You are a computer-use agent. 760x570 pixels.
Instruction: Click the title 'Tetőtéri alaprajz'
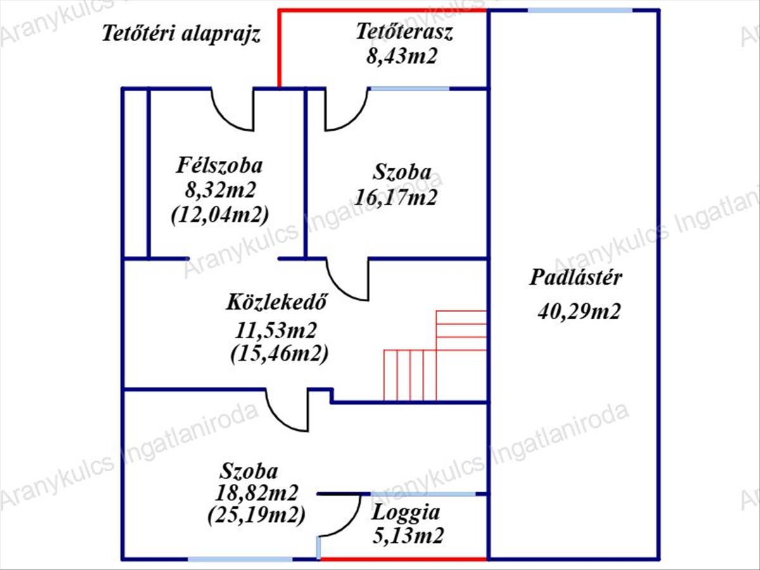[x=182, y=34]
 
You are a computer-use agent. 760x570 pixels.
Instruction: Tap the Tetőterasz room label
[x=404, y=32]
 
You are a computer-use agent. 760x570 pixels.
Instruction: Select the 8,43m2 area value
[x=402, y=56]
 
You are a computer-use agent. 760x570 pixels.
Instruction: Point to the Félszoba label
[x=219, y=166]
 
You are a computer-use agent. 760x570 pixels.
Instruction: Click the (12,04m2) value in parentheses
[x=220, y=214]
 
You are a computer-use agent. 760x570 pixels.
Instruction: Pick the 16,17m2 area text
[x=396, y=198]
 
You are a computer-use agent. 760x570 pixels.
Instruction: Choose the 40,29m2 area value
[x=579, y=311]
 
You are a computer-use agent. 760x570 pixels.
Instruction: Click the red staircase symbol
[x=435, y=358]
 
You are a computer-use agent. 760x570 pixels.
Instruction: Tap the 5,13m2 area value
[x=407, y=536]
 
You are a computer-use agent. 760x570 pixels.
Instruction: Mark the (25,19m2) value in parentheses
[x=256, y=515]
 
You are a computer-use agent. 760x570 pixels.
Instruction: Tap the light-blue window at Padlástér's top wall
[x=579, y=10]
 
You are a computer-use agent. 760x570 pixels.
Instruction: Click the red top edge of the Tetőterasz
[x=383, y=10]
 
